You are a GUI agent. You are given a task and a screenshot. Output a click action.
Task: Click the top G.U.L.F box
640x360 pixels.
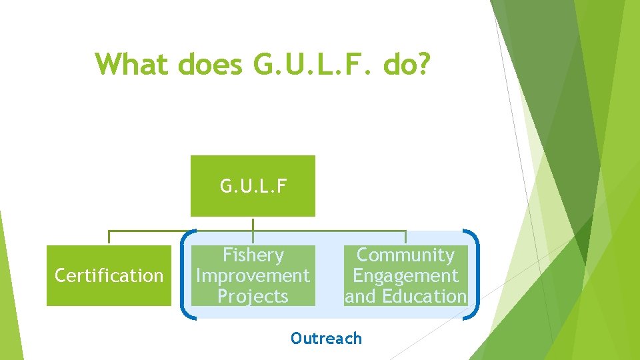(253, 186)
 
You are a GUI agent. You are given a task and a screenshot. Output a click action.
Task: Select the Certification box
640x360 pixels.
(109, 275)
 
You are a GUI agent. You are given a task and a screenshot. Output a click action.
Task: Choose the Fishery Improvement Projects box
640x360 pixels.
(253, 275)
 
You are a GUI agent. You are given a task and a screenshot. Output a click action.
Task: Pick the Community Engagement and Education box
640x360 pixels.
(405, 275)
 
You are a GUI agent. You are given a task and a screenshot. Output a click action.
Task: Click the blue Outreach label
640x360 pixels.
(326, 339)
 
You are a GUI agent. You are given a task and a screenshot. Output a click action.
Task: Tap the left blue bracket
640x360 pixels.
(183, 275)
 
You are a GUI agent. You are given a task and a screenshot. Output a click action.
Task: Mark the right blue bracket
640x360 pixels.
(475, 275)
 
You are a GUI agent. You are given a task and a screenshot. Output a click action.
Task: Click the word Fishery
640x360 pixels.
(253, 255)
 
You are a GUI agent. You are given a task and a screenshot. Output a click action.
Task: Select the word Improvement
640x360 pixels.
(253, 275)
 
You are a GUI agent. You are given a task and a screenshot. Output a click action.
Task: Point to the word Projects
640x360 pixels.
(253, 296)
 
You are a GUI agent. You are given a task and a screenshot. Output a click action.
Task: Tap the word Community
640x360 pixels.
(405, 255)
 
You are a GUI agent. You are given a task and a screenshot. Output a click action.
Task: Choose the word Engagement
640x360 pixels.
(405, 275)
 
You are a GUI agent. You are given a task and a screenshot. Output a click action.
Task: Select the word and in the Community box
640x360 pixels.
(360, 296)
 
